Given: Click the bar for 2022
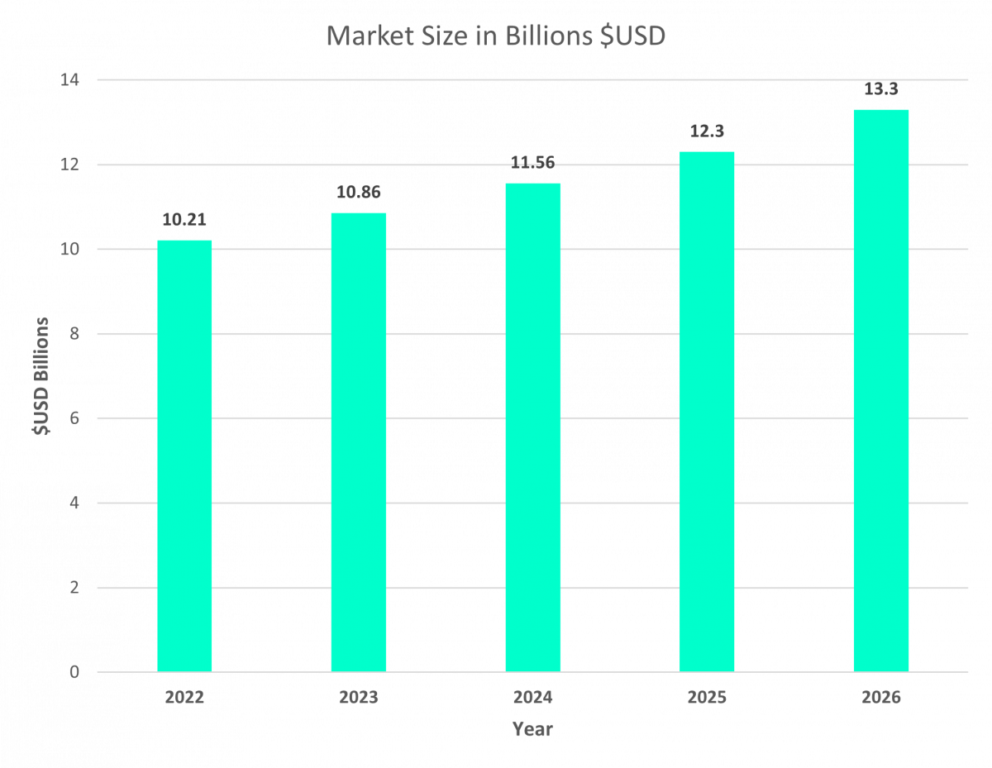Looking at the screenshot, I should click(x=184, y=456).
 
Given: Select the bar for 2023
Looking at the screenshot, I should click(x=359, y=442).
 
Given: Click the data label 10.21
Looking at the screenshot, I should click(x=184, y=221).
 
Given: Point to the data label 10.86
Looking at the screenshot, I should click(x=359, y=193).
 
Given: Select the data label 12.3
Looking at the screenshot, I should click(x=707, y=131).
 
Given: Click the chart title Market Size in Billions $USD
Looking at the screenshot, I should click(x=495, y=37).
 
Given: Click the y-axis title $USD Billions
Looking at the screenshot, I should click(x=41, y=377).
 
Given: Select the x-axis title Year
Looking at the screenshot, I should click(x=532, y=730).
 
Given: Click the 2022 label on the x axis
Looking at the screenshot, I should click(x=184, y=698).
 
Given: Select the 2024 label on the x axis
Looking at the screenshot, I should click(x=533, y=698).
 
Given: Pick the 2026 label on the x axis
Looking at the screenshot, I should click(x=881, y=698).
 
